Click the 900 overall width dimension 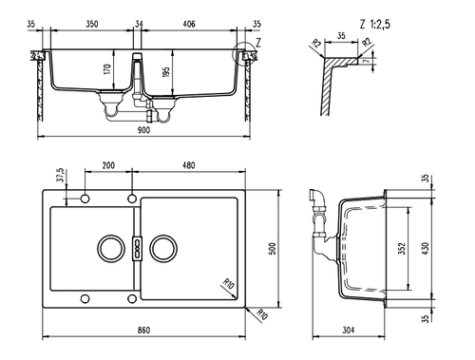(143, 130)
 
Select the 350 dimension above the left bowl (92, 24)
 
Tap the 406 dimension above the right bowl (189, 24)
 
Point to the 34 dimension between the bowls (139, 24)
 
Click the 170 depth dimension (107, 69)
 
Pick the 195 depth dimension (166, 72)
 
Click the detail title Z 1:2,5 (375, 24)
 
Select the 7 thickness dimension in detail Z (367, 61)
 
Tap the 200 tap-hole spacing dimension (108, 165)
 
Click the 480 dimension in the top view (189, 165)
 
